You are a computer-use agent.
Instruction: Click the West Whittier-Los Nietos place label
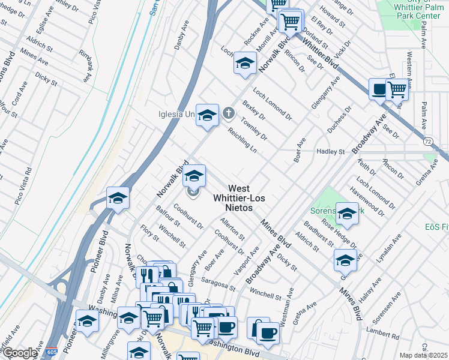pyautogui.click(x=239, y=197)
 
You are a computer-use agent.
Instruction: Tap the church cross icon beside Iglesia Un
pyautogui.click(x=229, y=113)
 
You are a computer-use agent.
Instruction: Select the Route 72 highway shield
pyautogui.click(x=427, y=141)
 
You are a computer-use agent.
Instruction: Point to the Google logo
pyautogui.click(x=20, y=353)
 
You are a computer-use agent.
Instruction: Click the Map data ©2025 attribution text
pyautogui.click(x=424, y=355)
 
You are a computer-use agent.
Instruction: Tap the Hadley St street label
pyautogui.click(x=331, y=152)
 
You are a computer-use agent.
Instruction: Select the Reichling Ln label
pyautogui.click(x=241, y=140)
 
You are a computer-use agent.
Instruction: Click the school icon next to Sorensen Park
pyautogui.click(x=347, y=212)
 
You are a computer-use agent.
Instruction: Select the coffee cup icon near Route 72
pyautogui.click(x=379, y=89)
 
